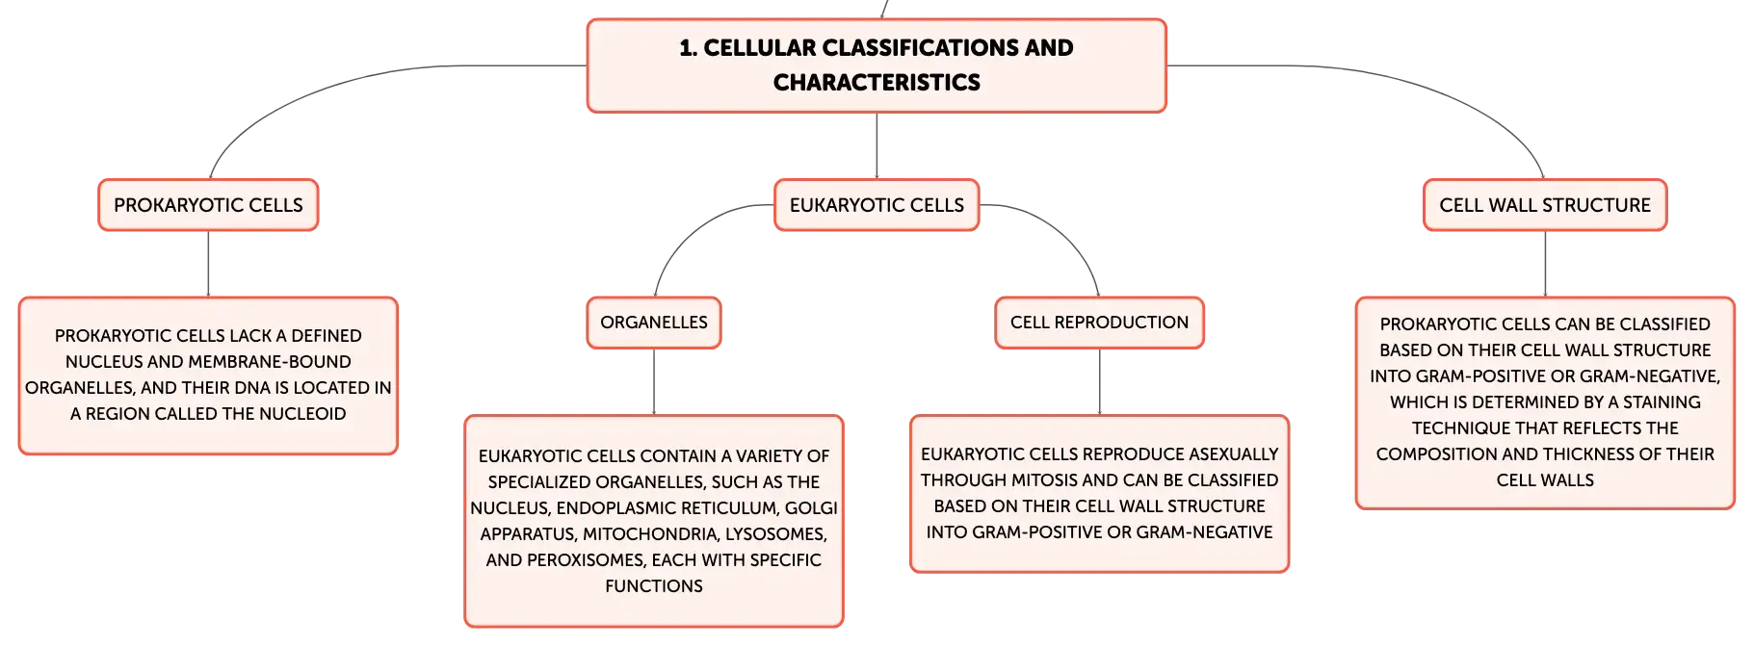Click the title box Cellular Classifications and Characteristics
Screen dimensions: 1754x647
click(x=877, y=65)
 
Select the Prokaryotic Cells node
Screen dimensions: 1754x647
click(x=208, y=205)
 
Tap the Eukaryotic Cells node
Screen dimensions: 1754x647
click(x=877, y=205)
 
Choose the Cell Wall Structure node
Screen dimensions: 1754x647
click(x=1545, y=205)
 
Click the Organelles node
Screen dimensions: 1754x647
click(x=654, y=323)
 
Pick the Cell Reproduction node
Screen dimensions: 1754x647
click(x=1099, y=323)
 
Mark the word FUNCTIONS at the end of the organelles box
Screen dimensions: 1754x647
click(x=654, y=586)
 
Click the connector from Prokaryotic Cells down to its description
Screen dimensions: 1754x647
click(x=208, y=264)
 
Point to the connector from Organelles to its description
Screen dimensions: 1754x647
click(x=654, y=382)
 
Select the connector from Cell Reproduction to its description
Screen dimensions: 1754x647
click(x=1099, y=382)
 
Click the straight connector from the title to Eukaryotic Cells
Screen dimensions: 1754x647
click(x=877, y=146)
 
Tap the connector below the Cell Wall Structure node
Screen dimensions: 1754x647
click(x=1545, y=264)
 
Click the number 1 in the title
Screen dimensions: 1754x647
click(x=687, y=48)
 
